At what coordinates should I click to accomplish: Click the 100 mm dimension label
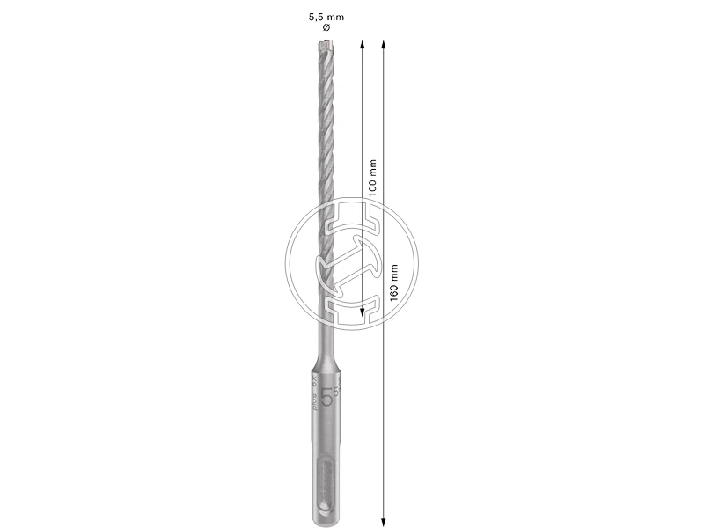point(372,177)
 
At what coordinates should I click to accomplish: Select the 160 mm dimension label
point(393,282)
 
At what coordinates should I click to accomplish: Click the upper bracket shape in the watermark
point(352,219)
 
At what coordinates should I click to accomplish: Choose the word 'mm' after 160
point(393,271)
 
